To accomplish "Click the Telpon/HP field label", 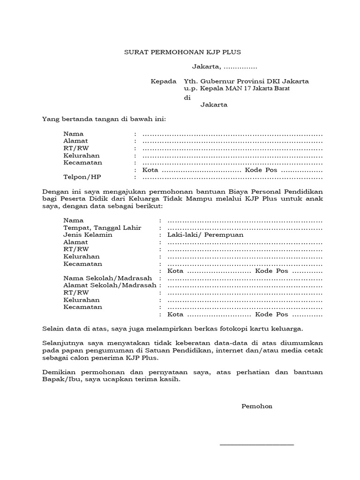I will coord(82,178).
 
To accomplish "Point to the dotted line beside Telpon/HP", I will coord(232,178).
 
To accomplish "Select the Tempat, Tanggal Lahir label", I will coord(102,227).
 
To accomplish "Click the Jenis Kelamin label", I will coord(88,235).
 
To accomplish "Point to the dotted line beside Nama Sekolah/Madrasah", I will coord(245,279).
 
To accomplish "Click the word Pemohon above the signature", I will coord(256,406).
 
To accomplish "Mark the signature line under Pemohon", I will coord(257,444).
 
